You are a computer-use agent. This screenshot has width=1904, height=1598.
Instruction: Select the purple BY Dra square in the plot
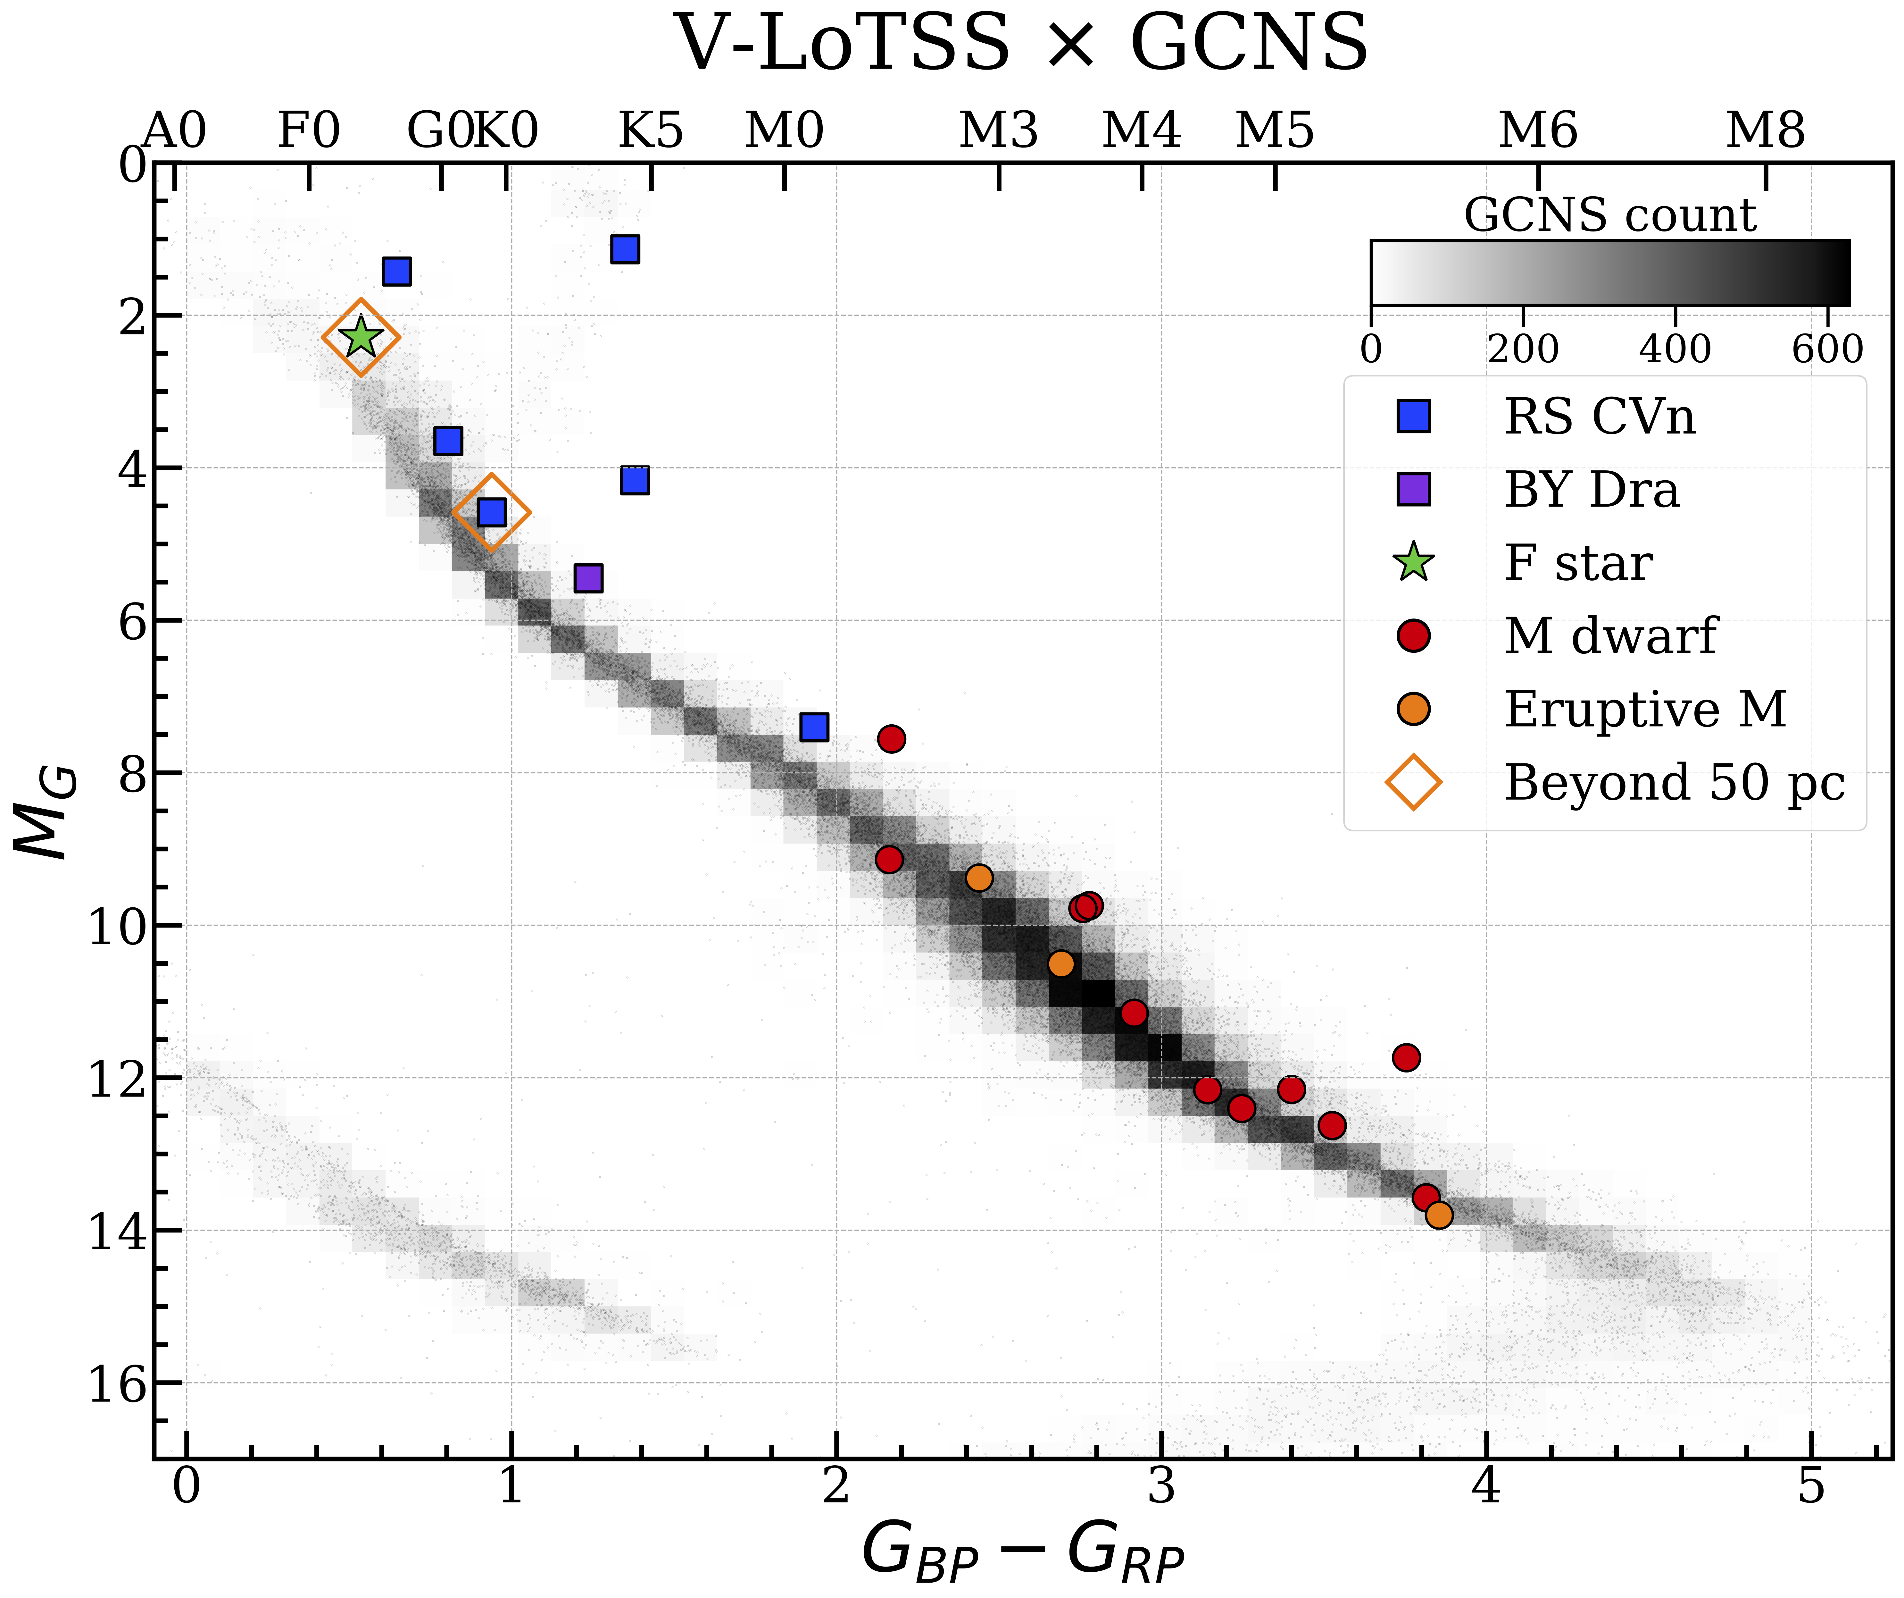[x=588, y=578]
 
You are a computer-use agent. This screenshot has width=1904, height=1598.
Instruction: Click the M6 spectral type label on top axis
[x=1538, y=130]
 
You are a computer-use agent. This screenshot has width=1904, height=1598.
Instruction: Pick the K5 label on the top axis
[x=650, y=130]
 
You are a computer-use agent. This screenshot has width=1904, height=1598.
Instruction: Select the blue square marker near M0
[x=814, y=727]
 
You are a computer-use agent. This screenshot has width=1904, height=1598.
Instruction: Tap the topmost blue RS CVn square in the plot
[x=625, y=248]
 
